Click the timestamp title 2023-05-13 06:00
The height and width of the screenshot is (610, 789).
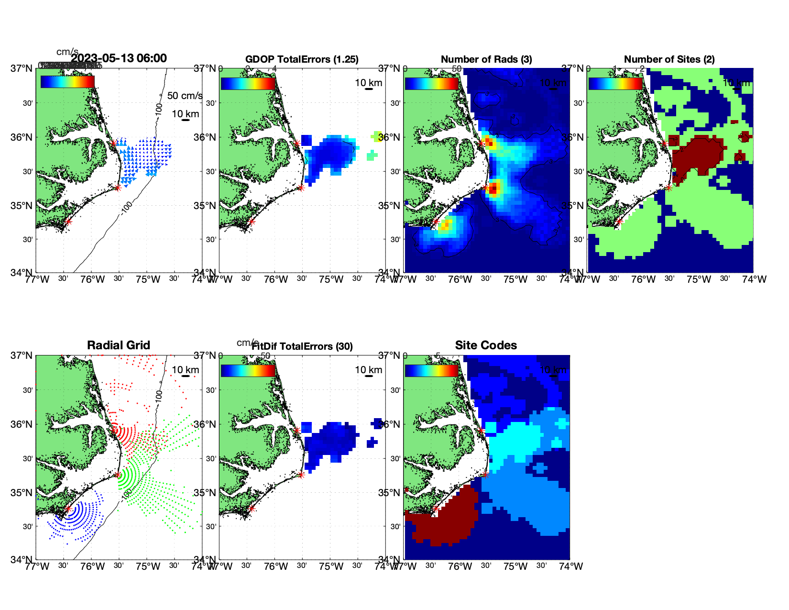(119, 58)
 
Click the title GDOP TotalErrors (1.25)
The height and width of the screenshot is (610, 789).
(302, 59)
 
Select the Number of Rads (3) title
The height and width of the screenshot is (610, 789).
(486, 59)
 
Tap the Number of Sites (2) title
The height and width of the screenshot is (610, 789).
(669, 59)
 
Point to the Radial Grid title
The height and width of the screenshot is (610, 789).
(119, 345)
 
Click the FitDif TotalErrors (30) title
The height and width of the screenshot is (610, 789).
(303, 346)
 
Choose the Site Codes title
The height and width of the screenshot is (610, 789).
(486, 345)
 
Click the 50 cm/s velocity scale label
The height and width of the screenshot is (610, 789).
(185, 96)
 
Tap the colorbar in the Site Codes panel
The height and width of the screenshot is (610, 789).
(431, 371)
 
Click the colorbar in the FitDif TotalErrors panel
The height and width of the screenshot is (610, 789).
(248, 371)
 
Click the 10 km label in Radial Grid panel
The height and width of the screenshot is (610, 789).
(185, 370)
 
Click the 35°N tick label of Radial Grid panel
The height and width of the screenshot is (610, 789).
(25, 493)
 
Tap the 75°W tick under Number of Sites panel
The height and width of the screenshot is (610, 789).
(699, 279)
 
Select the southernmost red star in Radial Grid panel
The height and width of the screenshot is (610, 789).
(68, 509)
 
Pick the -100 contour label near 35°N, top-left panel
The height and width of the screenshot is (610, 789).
(126, 207)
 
